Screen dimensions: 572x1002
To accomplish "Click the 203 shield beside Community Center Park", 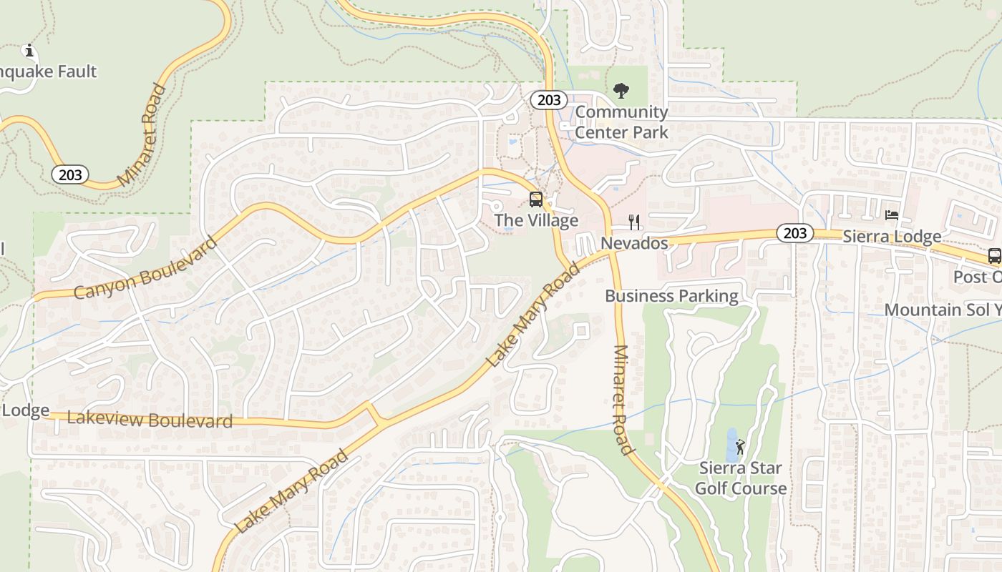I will [x=549, y=100].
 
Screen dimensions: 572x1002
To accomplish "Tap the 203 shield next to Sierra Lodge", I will [x=794, y=233].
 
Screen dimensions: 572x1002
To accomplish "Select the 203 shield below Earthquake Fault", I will [x=70, y=174].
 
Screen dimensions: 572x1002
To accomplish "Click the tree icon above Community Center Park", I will [x=621, y=91].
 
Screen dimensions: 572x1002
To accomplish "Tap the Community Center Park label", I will [x=621, y=122].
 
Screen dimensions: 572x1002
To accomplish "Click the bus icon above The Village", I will [x=536, y=199].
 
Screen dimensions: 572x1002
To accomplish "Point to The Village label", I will [x=536, y=220].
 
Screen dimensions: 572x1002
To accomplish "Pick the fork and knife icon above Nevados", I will [x=633, y=222].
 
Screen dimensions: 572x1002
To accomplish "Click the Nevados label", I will [x=634, y=243].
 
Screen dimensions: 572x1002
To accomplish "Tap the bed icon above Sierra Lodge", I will [x=892, y=214].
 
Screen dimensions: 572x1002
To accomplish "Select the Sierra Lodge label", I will [x=892, y=237].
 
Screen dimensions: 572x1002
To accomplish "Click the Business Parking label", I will [x=671, y=296].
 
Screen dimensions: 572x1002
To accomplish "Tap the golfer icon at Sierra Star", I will [x=741, y=448].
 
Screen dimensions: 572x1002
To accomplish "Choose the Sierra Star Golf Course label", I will [x=741, y=478].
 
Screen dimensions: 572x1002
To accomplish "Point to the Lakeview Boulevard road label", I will [x=150, y=420].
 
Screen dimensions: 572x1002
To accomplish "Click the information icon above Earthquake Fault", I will [x=29, y=51].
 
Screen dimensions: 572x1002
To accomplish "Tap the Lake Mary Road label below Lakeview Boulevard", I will [x=291, y=491].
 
